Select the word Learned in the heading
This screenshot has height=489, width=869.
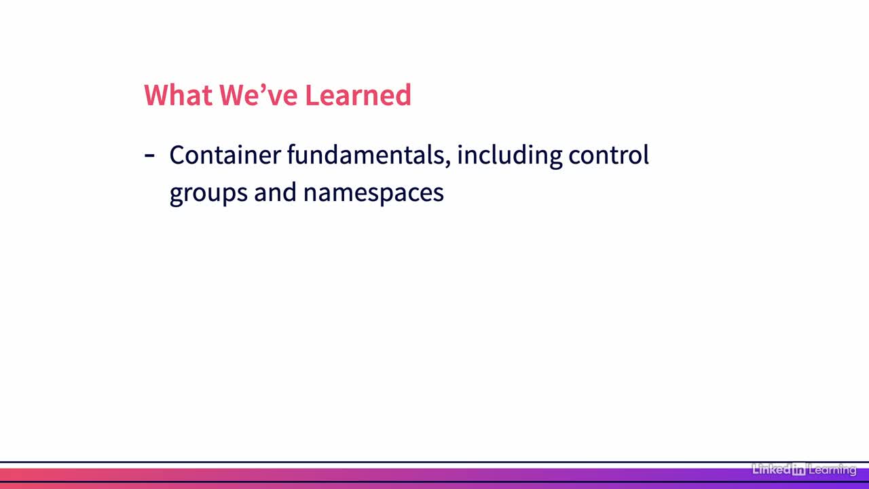point(358,94)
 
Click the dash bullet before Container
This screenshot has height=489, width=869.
point(149,156)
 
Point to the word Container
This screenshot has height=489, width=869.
point(225,154)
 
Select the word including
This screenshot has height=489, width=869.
point(509,156)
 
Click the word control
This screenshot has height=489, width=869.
point(608,154)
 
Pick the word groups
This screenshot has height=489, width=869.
point(208,194)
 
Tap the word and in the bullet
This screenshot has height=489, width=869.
point(275,192)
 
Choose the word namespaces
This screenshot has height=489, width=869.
point(373,194)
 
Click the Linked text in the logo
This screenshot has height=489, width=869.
point(771,469)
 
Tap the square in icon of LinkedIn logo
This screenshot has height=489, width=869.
point(799,469)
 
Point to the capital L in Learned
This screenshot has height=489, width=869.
point(312,94)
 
